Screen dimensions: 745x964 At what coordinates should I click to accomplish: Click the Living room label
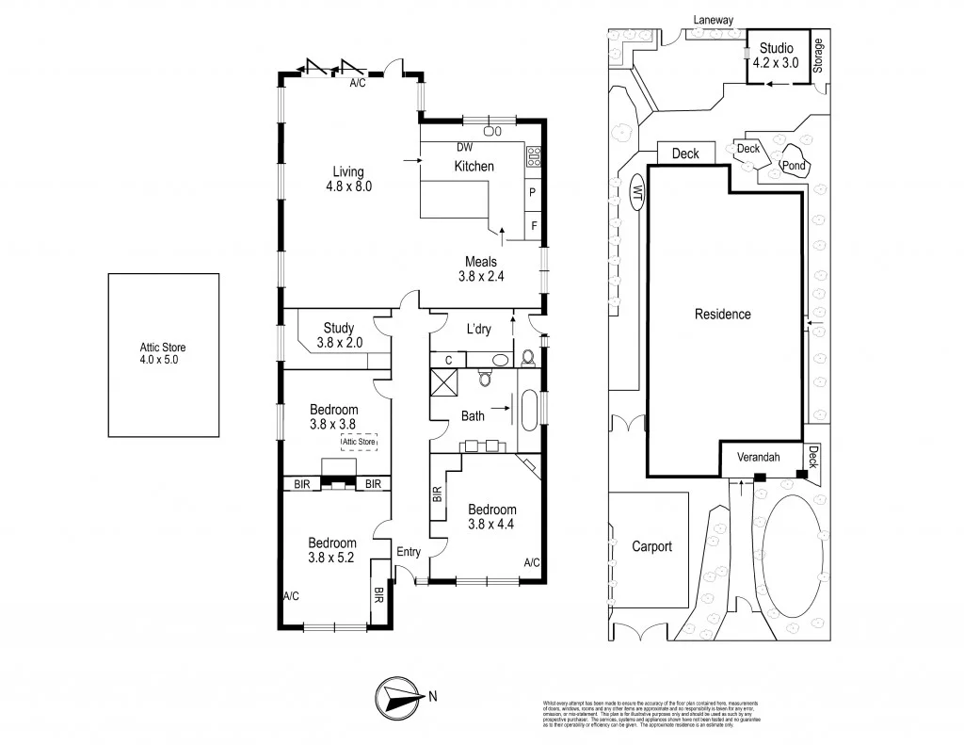347,178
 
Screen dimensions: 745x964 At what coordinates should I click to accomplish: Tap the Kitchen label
474,167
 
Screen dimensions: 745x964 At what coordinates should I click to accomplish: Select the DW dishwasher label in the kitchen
464,147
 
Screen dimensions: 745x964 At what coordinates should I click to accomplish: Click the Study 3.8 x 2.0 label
339,335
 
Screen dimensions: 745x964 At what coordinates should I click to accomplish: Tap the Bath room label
473,414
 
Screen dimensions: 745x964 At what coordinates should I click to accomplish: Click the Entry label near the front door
409,552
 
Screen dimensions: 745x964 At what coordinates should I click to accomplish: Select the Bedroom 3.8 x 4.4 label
492,516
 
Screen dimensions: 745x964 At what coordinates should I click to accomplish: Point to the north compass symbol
403,697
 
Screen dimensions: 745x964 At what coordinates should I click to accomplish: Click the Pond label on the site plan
794,166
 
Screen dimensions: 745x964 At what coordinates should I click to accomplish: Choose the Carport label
651,546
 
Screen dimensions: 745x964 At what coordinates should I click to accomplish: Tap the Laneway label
713,19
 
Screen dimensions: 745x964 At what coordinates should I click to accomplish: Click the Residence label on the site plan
723,314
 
